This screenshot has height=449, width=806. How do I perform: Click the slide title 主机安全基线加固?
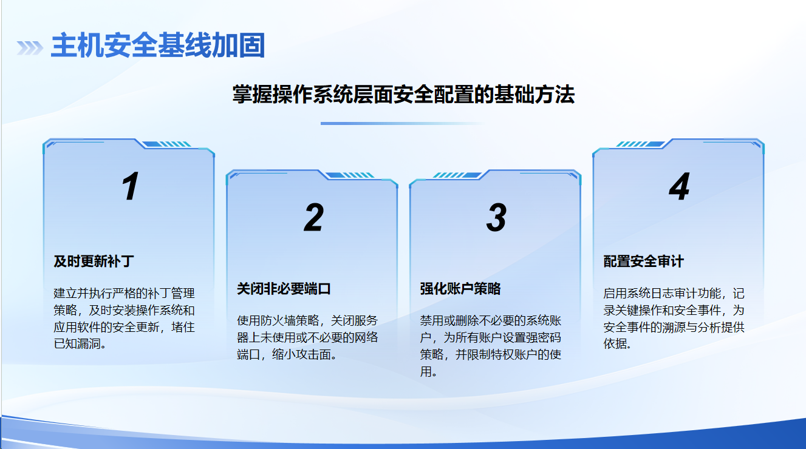(x=158, y=45)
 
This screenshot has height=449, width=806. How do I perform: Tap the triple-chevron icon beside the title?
(x=30, y=48)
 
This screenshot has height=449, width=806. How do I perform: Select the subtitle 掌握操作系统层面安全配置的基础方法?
(x=403, y=95)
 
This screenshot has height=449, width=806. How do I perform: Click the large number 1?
(x=130, y=186)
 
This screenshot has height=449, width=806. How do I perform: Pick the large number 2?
(x=313, y=217)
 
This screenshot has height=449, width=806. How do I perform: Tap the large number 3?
(x=497, y=217)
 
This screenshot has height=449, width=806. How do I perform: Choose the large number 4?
(x=679, y=186)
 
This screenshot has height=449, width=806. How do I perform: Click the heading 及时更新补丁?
(x=94, y=262)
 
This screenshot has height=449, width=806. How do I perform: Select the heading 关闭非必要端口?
(x=284, y=289)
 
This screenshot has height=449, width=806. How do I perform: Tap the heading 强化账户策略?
(x=460, y=289)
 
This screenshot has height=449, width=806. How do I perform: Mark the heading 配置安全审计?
(x=644, y=262)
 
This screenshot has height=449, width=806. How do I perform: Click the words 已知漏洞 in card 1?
(x=77, y=344)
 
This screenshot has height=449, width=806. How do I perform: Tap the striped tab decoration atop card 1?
(x=166, y=144)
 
